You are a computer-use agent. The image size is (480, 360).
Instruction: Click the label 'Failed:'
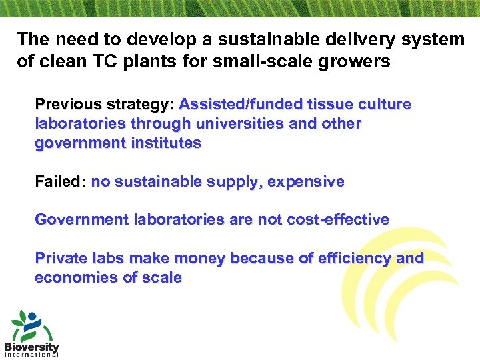tap(60, 181)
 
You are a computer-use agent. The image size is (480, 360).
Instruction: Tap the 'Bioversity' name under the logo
tap(31, 347)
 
